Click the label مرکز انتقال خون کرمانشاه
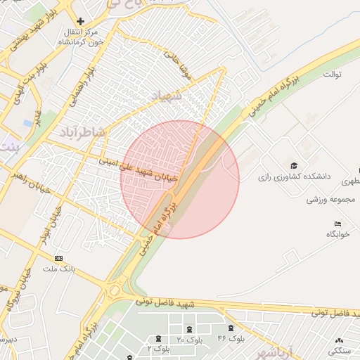coord(80,38)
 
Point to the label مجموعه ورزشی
coord(327,200)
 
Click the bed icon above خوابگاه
coord(338,223)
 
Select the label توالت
coord(333,74)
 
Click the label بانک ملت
coord(59,269)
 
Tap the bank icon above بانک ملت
coord(58,259)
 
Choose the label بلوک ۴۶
coord(230,339)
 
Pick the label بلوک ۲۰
coord(189,340)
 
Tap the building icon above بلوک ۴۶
coord(231,329)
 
